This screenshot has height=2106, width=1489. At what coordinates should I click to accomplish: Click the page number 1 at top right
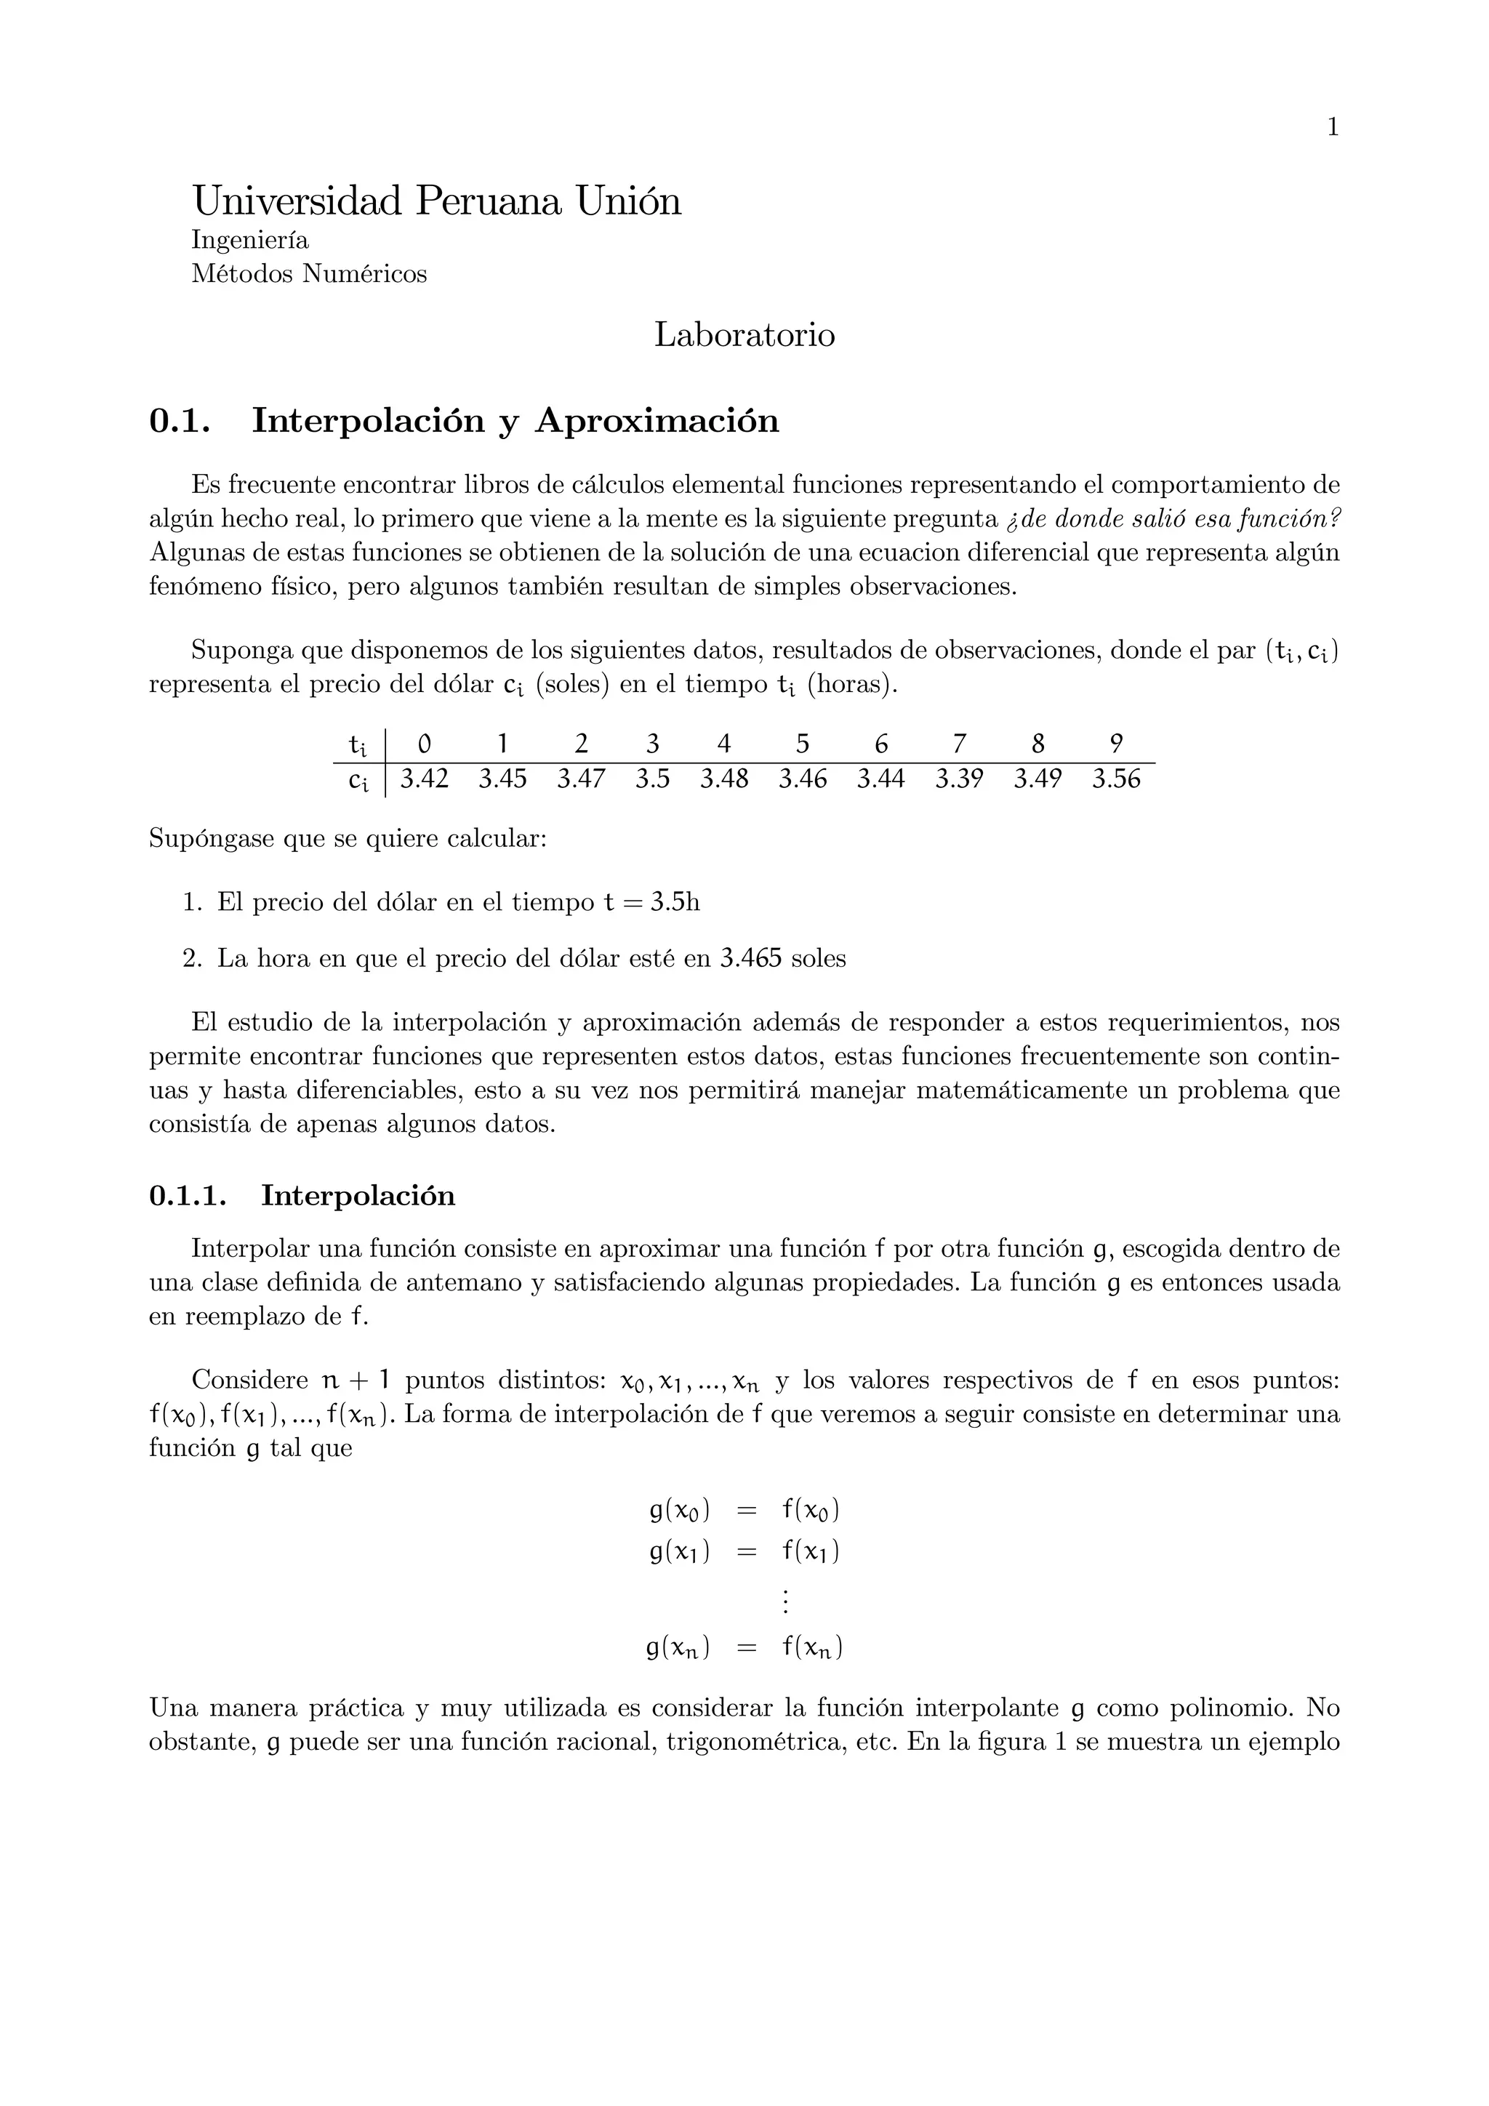(x=1333, y=127)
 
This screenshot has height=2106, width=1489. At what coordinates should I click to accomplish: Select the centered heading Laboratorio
(x=744, y=335)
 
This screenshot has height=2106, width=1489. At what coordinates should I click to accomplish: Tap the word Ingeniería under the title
(x=249, y=241)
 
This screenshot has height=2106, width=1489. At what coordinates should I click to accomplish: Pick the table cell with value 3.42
(x=425, y=779)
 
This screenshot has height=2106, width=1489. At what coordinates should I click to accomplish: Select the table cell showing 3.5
(x=652, y=779)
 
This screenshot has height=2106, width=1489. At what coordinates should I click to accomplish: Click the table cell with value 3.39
(x=959, y=779)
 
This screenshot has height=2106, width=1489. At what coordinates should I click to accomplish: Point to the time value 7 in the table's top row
(x=960, y=743)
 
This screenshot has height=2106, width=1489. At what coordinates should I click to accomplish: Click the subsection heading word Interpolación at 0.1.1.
(x=358, y=1196)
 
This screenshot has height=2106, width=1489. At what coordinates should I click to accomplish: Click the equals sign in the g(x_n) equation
(x=747, y=1648)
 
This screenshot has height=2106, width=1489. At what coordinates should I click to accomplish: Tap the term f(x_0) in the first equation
(x=811, y=1511)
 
